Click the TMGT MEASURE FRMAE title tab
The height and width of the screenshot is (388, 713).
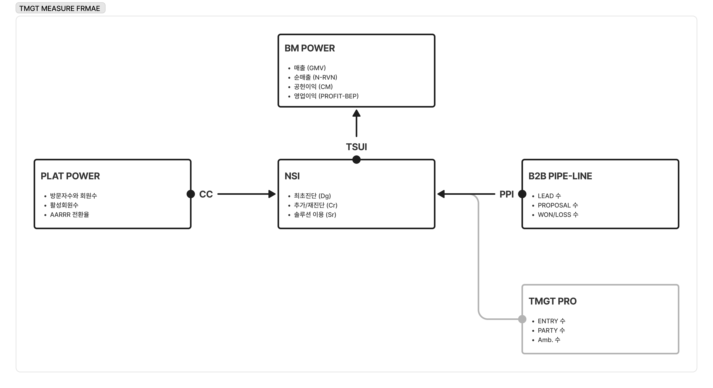[60, 8]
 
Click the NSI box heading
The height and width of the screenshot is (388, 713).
[292, 176]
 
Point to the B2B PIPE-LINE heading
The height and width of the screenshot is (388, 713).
[560, 176]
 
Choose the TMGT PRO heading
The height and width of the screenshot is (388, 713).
[553, 301]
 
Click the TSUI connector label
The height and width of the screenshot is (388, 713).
[356, 147]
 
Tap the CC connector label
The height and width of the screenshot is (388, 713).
[206, 194]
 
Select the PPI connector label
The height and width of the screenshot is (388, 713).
[507, 194]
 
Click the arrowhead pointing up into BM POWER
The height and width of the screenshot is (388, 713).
[356, 113]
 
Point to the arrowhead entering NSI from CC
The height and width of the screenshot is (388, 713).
[272, 194]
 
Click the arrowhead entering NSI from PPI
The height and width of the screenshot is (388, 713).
[441, 194]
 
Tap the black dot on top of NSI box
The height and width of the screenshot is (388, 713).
[356, 160]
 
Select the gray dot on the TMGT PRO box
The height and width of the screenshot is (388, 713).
[522, 319]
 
